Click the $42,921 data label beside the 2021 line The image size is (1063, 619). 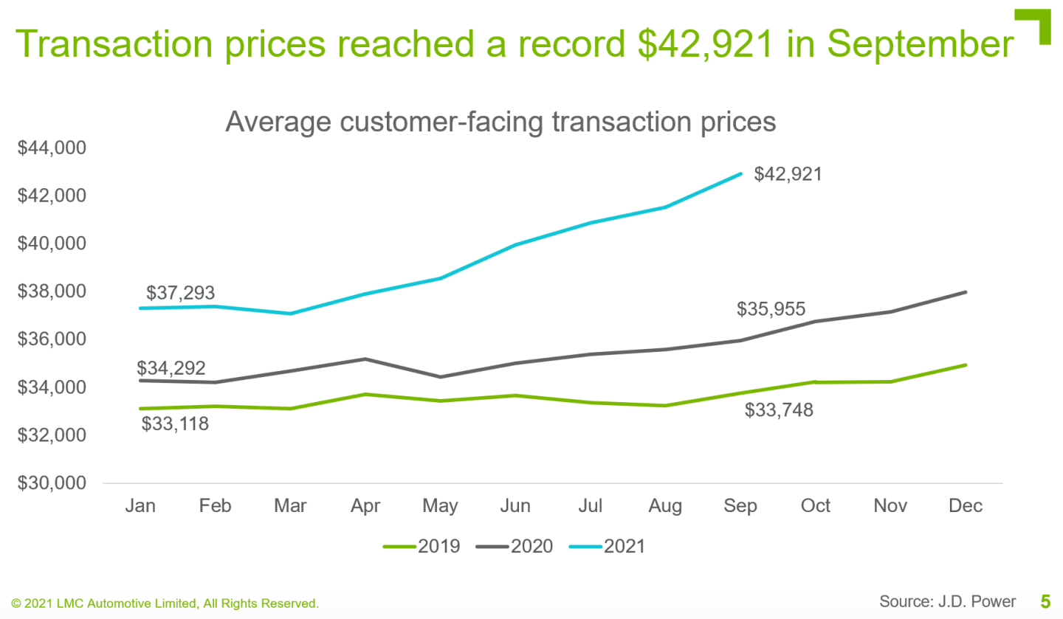(x=788, y=175)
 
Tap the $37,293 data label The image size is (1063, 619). (x=180, y=293)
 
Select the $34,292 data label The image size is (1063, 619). (x=171, y=368)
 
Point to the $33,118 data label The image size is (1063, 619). (x=175, y=423)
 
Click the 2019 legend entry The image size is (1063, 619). (x=422, y=547)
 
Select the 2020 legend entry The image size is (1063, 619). (x=515, y=547)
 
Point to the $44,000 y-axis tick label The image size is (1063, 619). (x=51, y=148)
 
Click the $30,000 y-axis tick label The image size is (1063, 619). (x=51, y=484)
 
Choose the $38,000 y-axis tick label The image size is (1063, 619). (x=51, y=292)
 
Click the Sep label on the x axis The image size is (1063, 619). (x=740, y=506)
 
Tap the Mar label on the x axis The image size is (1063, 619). (x=290, y=506)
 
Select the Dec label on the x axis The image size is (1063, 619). (x=966, y=506)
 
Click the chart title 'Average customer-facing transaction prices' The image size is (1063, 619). (x=500, y=121)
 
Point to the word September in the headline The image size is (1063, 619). (x=921, y=44)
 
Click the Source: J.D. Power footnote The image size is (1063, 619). (x=947, y=601)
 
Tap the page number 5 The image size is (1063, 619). (x=1045, y=601)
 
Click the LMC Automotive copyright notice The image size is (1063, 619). (x=165, y=604)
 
